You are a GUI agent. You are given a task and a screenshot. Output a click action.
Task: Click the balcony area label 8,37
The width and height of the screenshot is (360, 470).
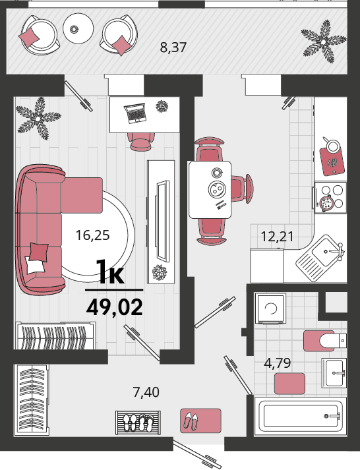[x=173, y=47]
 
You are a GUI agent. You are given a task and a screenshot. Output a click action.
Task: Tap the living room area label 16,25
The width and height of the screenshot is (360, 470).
[x=92, y=235]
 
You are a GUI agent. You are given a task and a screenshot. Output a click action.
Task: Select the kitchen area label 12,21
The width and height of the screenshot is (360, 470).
[x=278, y=237]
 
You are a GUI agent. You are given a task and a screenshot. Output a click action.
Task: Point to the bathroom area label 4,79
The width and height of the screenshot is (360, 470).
[x=278, y=363]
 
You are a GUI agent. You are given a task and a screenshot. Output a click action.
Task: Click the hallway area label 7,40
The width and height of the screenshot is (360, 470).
[x=146, y=392]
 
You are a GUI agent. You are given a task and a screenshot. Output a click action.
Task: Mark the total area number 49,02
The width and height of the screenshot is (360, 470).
[x=114, y=307]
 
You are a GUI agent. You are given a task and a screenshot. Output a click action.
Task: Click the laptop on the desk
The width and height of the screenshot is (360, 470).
[x=135, y=113]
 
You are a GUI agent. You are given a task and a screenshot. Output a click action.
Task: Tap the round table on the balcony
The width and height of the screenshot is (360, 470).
[x=78, y=28]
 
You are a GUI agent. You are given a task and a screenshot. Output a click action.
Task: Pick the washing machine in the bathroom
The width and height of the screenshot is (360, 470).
[x=270, y=308]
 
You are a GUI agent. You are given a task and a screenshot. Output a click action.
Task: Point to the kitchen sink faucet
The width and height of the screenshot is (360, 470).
[x=336, y=250]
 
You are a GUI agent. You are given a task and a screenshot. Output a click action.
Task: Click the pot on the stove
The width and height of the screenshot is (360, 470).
[x=326, y=203]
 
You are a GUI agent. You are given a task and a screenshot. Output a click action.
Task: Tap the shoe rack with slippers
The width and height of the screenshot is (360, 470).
[x=138, y=423]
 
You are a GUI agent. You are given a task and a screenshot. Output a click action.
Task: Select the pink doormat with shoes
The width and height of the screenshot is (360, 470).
[x=200, y=421]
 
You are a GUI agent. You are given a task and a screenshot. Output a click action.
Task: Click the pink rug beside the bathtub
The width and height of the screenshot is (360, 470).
[x=289, y=384]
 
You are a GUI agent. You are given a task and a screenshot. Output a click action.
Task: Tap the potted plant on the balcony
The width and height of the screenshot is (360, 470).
[x=324, y=42]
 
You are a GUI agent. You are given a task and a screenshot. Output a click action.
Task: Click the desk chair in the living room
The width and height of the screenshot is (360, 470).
[x=141, y=141]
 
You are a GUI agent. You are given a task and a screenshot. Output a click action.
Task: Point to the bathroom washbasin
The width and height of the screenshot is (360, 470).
[x=334, y=373]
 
